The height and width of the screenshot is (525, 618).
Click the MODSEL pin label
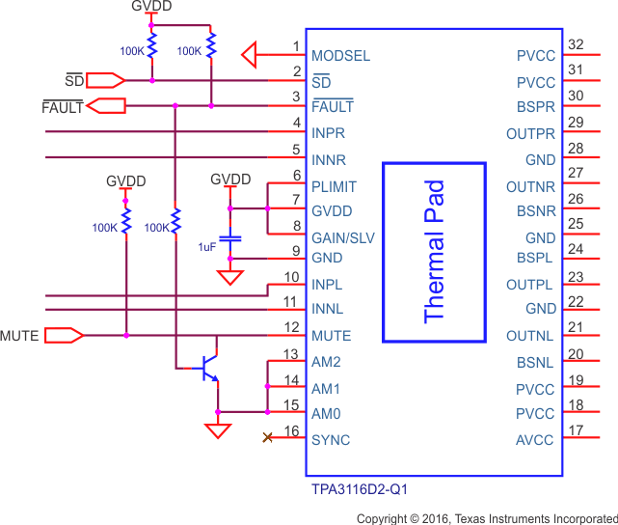[x=340, y=56]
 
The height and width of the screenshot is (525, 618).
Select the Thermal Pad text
[x=435, y=251]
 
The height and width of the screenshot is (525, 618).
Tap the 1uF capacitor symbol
[x=229, y=237]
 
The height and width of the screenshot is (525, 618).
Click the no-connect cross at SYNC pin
[x=267, y=439]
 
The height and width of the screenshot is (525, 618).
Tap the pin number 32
[x=577, y=45]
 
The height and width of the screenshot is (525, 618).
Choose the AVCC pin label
[x=535, y=440]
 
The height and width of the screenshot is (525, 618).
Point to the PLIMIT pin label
[x=335, y=186]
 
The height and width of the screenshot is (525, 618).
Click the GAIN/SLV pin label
[x=342, y=237]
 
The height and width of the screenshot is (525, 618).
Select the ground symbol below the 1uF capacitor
[x=229, y=278]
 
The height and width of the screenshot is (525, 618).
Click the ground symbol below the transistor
[x=219, y=430]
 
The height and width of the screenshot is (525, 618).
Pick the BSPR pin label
[x=536, y=107]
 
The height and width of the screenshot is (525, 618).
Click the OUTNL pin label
[x=531, y=336]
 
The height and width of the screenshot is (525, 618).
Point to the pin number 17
[x=577, y=430]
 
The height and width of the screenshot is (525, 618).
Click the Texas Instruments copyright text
[x=486, y=518]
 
